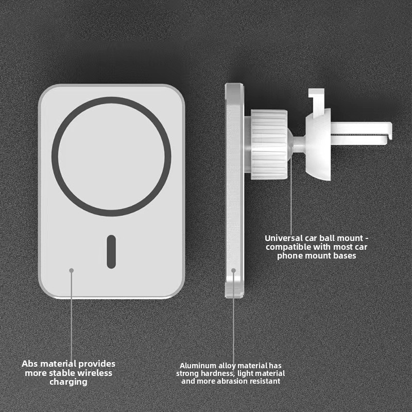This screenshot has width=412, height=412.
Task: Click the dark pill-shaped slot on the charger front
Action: click(111, 252)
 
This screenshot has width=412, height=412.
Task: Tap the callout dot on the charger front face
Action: click(72, 270)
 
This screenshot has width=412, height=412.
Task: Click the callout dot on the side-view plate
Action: click(233, 270)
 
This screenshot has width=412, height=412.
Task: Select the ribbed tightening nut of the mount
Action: click(269, 145)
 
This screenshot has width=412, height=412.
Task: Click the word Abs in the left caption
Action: click(30, 364)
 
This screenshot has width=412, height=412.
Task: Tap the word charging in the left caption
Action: click(68, 382)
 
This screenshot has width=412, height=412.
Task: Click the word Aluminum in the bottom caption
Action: click(198, 366)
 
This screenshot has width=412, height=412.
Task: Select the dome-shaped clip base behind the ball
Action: click(318, 145)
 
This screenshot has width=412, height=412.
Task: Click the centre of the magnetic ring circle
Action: click(111, 157)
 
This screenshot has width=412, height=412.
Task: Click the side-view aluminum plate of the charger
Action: click(234, 191)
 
